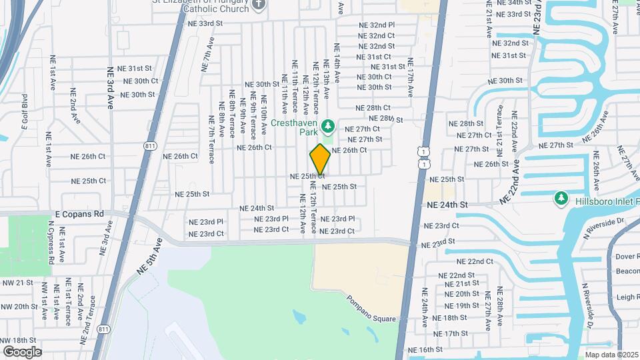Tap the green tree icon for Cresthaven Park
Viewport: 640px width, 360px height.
(328, 125)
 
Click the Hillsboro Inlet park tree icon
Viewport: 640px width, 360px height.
(561, 198)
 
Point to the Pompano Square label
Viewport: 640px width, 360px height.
(370, 309)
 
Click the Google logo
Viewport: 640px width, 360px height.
(22, 351)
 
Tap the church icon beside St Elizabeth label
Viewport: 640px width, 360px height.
(260, 5)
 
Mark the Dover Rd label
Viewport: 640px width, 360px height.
(627, 256)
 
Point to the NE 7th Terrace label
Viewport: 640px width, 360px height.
(211, 142)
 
